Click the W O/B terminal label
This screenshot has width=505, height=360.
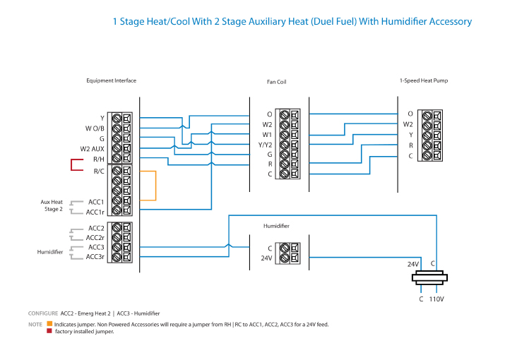coord(95,128)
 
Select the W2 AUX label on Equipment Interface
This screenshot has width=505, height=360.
coord(93,149)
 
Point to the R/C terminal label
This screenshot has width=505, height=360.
coord(98,170)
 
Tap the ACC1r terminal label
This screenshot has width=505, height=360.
coord(95,212)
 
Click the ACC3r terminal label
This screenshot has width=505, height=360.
coord(95,257)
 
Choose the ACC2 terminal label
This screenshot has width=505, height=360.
coord(96,228)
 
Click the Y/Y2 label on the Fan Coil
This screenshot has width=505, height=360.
coord(265,144)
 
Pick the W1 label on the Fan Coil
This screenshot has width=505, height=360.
coord(267,134)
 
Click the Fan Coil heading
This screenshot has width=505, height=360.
coord(276,82)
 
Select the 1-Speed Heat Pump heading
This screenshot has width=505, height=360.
coord(423,80)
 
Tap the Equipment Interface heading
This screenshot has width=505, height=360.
coord(111,80)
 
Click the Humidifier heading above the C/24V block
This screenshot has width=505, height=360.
coord(276,226)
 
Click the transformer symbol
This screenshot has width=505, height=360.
coord(429,277)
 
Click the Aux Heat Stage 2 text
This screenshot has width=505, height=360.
coord(52,205)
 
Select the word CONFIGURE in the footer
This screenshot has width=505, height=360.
coord(42,313)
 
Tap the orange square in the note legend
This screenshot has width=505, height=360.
coord(49,324)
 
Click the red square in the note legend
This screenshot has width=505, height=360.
coord(49,331)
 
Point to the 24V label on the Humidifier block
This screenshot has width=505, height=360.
coord(266,258)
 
